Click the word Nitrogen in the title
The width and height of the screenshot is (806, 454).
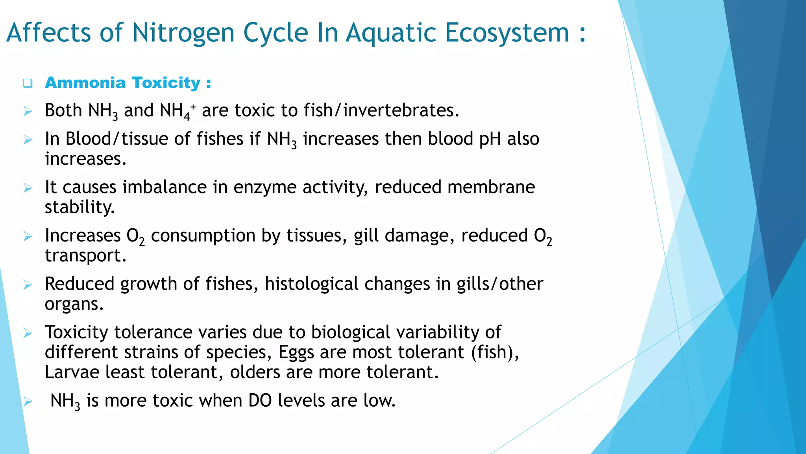point(183,33)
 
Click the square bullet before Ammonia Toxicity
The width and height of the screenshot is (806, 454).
point(28,83)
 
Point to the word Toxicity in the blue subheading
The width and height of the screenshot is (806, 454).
point(166,83)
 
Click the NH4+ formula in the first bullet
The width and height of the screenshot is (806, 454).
point(177,111)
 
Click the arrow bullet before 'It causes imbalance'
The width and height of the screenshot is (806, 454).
point(28,188)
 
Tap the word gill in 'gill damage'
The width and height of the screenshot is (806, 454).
point(366,236)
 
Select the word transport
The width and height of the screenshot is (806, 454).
point(85,256)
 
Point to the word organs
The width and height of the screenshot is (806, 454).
point(74,304)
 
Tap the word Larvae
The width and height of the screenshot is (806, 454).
point(72,372)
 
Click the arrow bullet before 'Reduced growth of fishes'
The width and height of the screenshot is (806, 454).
point(28,285)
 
